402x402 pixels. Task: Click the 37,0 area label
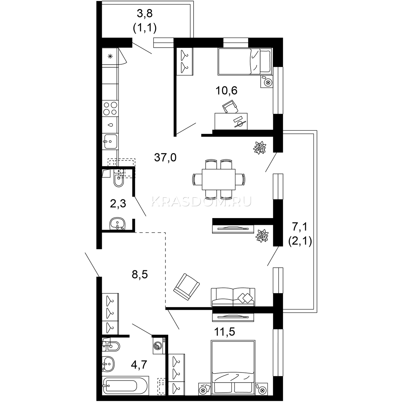[x=165, y=157]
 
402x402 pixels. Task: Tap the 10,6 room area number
[x=226, y=90]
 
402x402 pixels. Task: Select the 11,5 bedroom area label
[x=225, y=332]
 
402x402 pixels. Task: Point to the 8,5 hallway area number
[x=140, y=275]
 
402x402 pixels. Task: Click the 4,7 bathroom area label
[x=139, y=365]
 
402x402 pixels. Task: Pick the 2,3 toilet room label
[x=118, y=204]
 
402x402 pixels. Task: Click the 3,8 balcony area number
[x=145, y=14]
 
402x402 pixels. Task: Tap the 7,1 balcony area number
[x=300, y=227]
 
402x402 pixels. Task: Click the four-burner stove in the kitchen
[x=110, y=109]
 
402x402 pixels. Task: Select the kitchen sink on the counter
[x=110, y=141]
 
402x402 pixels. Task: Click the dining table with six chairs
[x=219, y=180]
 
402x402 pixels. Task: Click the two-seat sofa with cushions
[x=233, y=297]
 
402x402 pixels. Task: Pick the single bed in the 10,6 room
[x=245, y=62]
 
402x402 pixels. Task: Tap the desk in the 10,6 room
[x=231, y=121]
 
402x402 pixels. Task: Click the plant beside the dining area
[x=260, y=148]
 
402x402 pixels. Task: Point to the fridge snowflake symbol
[x=110, y=56]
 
